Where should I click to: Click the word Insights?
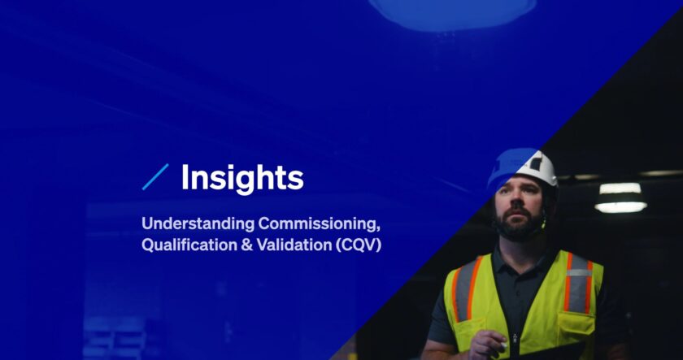tap(242, 177)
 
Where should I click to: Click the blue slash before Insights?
tap(154, 177)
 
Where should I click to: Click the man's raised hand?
tap(488, 345)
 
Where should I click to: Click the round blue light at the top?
tap(452, 10)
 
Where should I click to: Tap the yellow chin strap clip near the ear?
tap(543, 220)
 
